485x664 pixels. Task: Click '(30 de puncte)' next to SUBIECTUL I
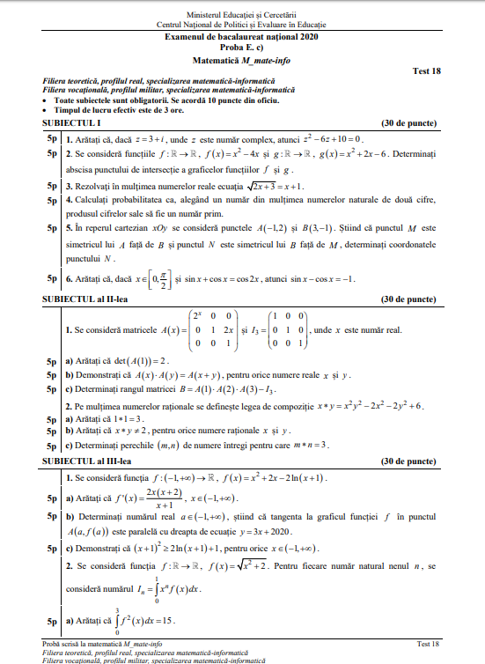pos(408,124)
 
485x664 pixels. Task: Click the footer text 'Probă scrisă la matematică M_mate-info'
pos(99,645)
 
